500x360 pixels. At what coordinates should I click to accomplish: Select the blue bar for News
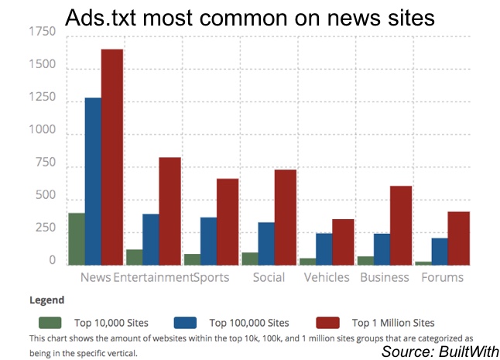93,181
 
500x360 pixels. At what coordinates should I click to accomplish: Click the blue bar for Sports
209,241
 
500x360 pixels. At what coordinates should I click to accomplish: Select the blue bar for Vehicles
324,249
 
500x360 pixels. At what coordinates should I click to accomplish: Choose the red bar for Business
400,225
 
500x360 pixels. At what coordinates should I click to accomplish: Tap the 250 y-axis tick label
43,229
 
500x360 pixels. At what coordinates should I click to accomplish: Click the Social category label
269,277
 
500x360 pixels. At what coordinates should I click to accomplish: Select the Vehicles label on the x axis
326,277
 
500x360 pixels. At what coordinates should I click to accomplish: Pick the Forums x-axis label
443,277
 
